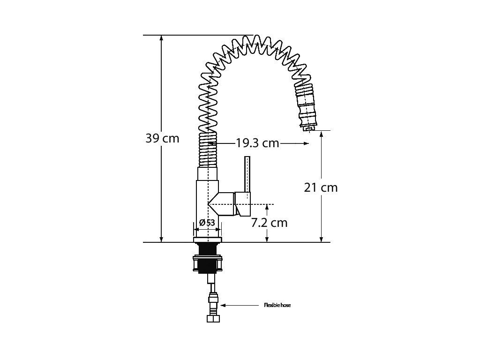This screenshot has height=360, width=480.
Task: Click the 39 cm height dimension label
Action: click(x=162, y=138)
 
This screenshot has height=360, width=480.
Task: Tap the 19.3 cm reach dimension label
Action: click(x=257, y=143)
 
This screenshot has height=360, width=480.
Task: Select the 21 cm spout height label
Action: click(x=321, y=187)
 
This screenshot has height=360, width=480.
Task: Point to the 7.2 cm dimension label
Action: click(x=270, y=223)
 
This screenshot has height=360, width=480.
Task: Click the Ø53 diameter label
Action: click(x=207, y=223)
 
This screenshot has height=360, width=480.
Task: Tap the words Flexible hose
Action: click(x=277, y=305)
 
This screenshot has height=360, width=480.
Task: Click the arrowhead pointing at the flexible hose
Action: click(x=223, y=305)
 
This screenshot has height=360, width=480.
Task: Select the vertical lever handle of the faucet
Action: click(x=247, y=175)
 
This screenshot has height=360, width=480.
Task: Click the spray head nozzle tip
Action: click(x=308, y=128)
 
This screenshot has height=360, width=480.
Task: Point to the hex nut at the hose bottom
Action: click(x=213, y=318)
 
